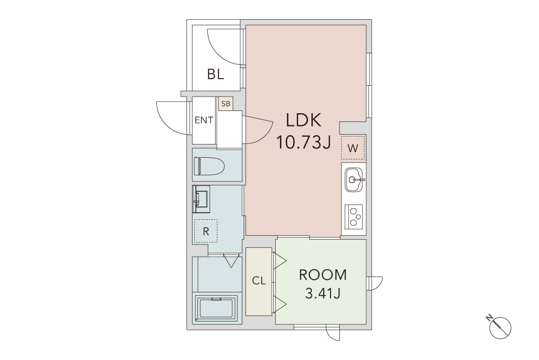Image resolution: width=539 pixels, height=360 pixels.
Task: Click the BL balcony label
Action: tap(216, 74)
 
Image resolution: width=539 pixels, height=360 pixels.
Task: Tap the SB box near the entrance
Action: tap(226, 103)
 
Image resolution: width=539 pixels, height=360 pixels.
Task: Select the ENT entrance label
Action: tap(204, 120)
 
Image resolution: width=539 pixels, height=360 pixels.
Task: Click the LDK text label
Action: tap(304, 120)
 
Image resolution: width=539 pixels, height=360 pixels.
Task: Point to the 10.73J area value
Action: tap(304, 142)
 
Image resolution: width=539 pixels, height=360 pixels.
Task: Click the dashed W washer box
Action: tap(353, 148)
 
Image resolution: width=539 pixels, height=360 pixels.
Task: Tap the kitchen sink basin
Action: tap(354, 179)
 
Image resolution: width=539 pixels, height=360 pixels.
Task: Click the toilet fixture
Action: tap(209, 166)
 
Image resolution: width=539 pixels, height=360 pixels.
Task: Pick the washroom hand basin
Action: tap(201, 199)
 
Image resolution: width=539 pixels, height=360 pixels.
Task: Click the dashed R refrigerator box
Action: tap(206, 231)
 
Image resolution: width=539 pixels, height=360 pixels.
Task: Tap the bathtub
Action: tap(217, 308)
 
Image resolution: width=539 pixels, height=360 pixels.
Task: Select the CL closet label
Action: tap(259, 281)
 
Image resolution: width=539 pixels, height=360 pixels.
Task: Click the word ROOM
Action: tap(323, 275)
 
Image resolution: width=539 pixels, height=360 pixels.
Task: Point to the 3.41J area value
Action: tap(323, 293)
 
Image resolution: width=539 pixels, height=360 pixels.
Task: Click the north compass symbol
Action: tap(499, 327)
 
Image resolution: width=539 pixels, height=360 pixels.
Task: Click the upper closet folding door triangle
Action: tap(280, 261)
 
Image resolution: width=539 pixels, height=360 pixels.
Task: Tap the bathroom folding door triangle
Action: tap(231, 261)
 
